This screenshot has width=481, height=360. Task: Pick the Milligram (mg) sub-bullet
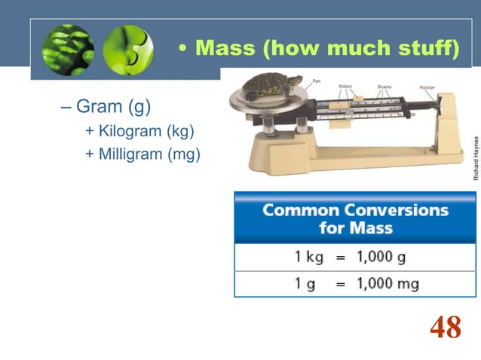coord(143,155)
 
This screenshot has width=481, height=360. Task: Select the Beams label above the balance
coord(384,86)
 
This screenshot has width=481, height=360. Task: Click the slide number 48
coord(445,328)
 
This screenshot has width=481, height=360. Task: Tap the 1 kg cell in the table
coord(308,257)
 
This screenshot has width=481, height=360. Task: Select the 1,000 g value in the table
coord(381,257)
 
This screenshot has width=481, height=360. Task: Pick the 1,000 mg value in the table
coord(387,284)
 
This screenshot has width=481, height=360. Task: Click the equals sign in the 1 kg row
coord(340,258)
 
